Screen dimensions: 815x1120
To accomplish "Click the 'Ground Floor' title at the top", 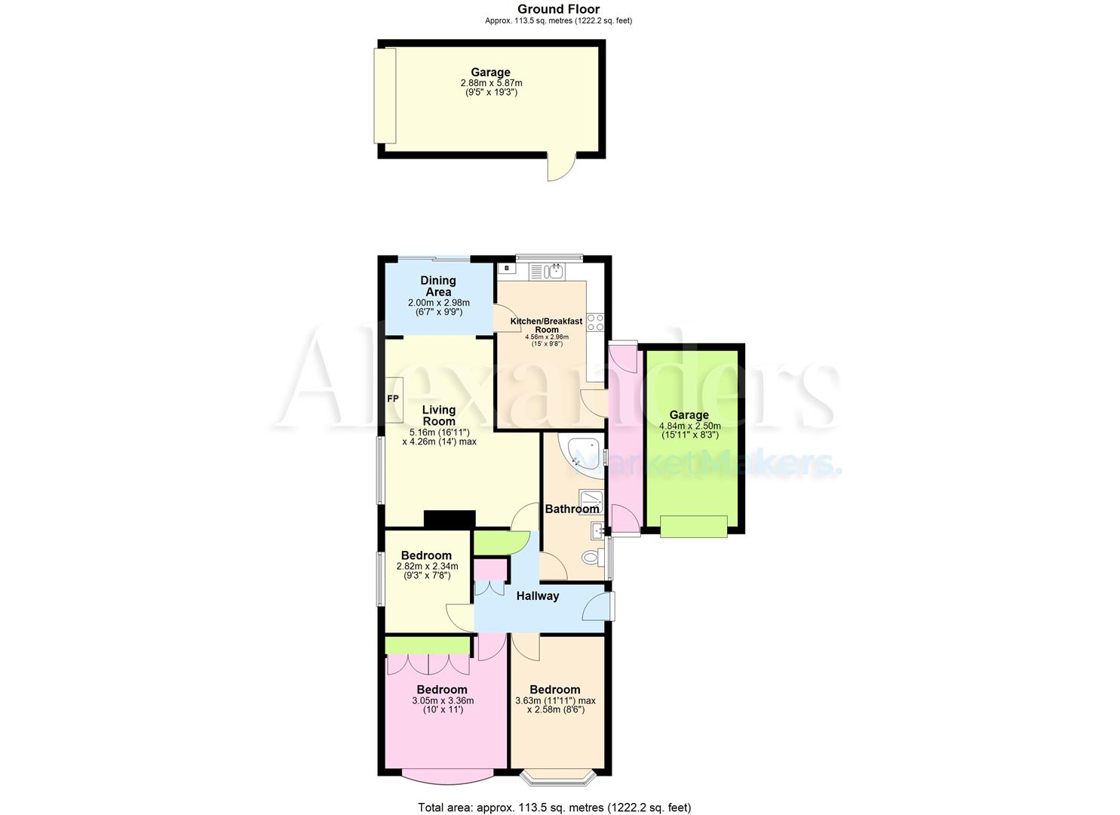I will pyautogui.click(x=558, y=9).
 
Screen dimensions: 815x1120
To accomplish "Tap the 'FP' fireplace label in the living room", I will pyautogui.click(x=393, y=398).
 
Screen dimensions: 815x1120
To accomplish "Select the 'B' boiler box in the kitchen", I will pyautogui.click(x=507, y=268).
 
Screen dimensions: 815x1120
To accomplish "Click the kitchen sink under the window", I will pyautogui.click(x=547, y=270).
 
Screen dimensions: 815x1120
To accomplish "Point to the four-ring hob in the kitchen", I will pyautogui.click(x=595, y=321).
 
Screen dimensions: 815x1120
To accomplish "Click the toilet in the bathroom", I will pyautogui.click(x=593, y=558).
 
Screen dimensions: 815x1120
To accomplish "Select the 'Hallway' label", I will pyautogui.click(x=538, y=596).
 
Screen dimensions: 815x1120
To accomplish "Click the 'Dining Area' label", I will pyautogui.click(x=438, y=286).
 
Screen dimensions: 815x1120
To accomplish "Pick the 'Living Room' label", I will pyautogui.click(x=438, y=416).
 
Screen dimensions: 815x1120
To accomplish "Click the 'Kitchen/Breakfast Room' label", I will pyautogui.click(x=547, y=325).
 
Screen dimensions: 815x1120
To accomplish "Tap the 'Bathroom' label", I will pyautogui.click(x=572, y=509).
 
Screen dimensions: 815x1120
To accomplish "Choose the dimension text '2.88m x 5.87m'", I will pyautogui.click(x=491, y=83).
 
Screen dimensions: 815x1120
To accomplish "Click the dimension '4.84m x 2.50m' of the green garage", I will pyautogui.click(x=689, y=426).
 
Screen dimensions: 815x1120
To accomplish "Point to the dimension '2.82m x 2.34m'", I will pyautogui.click(x=427, y=566).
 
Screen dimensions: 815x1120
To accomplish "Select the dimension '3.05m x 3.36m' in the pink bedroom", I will pyautogui.click(x=443, y=700).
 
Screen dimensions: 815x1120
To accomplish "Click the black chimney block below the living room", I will pyautogui.click(x=450, y=519).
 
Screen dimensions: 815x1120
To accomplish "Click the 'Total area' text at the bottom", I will pyautogui.click(x=554, y=807).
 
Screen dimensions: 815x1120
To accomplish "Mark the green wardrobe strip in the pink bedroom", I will pyautogui.click(x=428, y=645).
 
